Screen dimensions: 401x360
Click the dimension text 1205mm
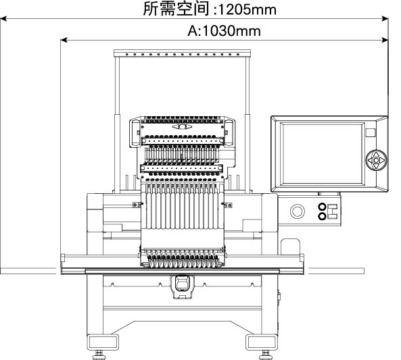247,9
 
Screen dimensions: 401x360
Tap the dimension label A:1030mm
225,31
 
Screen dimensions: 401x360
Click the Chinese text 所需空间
176,9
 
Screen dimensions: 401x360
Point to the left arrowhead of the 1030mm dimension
64,40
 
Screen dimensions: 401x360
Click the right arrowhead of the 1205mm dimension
385,18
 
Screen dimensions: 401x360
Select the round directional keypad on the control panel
376,160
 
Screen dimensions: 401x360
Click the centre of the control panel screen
323,153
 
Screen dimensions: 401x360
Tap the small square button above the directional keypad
371,133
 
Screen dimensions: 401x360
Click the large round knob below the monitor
297,211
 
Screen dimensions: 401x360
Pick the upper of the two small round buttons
322,206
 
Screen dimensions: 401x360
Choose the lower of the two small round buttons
322,216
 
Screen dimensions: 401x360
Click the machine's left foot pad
103,342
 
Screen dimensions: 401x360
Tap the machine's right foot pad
262,342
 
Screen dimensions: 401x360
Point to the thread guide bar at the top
182,53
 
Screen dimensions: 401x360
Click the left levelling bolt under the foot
99,355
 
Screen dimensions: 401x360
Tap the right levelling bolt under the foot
265,355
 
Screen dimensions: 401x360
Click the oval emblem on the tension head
182,127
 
